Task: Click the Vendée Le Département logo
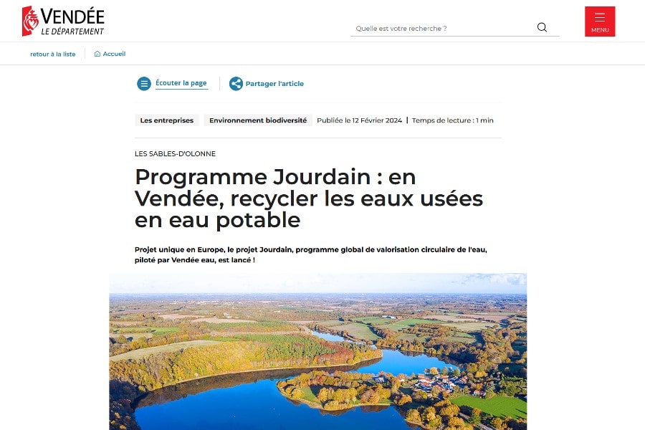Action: point(63,21)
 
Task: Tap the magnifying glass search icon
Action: point(542,27)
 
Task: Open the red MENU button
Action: point(600,21)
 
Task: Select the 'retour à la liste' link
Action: point(52,54)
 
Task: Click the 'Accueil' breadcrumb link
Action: point(114,54)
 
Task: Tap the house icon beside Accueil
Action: point(97,54)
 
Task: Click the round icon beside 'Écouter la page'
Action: point(144,84)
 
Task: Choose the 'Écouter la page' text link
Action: point(181,83)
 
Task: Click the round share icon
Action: point(236,84)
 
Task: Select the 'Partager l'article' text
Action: point(274,84)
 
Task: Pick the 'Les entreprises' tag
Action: point(167,120)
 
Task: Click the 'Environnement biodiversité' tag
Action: point(258,120)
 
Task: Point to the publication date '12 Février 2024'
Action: point(377,120)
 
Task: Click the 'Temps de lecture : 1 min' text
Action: point(453,120)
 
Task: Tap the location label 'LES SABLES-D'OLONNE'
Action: point(175,153)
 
